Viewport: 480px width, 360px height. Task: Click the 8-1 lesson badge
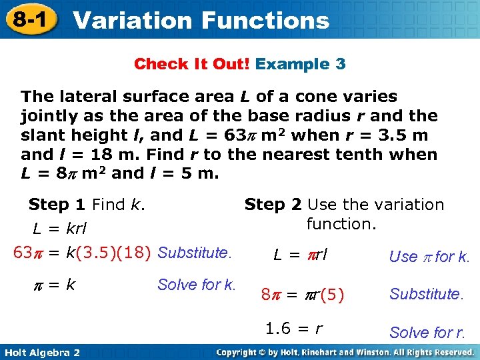pyautogui.click(x=28, y=19)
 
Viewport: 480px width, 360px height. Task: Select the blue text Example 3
pyautogui.click(x=301, y=64)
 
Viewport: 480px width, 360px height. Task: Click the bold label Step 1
pyautogui.click(x=58, y=205)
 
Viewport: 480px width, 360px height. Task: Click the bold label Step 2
pyautogui.click(x=274, y=205)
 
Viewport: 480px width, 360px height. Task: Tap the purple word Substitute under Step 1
pyautogui.click(x=194, y=253)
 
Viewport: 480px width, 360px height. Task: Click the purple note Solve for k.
pyautogui.click(x=197, y=285)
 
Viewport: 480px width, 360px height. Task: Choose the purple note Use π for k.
pyautogui.click(x=429, y=257)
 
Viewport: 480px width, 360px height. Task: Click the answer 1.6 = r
pyautogui.click(x=294, y=328)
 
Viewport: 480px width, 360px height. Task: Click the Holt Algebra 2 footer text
pyautogui.click(x=41, y=352)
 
